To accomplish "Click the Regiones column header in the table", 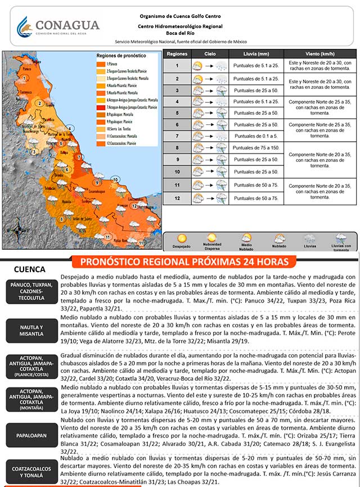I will pyautogui.click(x=177, y=53).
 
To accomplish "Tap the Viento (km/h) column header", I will pyautogui.click(x=319, y=53).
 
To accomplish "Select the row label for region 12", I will pyautogui.click(x=177, y=198).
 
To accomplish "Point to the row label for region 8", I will pyautogui.click(x=177, y=148).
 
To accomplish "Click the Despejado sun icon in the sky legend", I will pyautogui.click(x=181, y=239).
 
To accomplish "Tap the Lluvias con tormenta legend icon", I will pyautogui.click(x=341, y=239).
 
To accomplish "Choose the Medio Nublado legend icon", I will pyautogui.click(x=246, y=238).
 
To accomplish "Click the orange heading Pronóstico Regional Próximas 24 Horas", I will pyautogui.click(x=184, y=262).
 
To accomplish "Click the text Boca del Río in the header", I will pyautogui.click(x=179, y=33).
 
